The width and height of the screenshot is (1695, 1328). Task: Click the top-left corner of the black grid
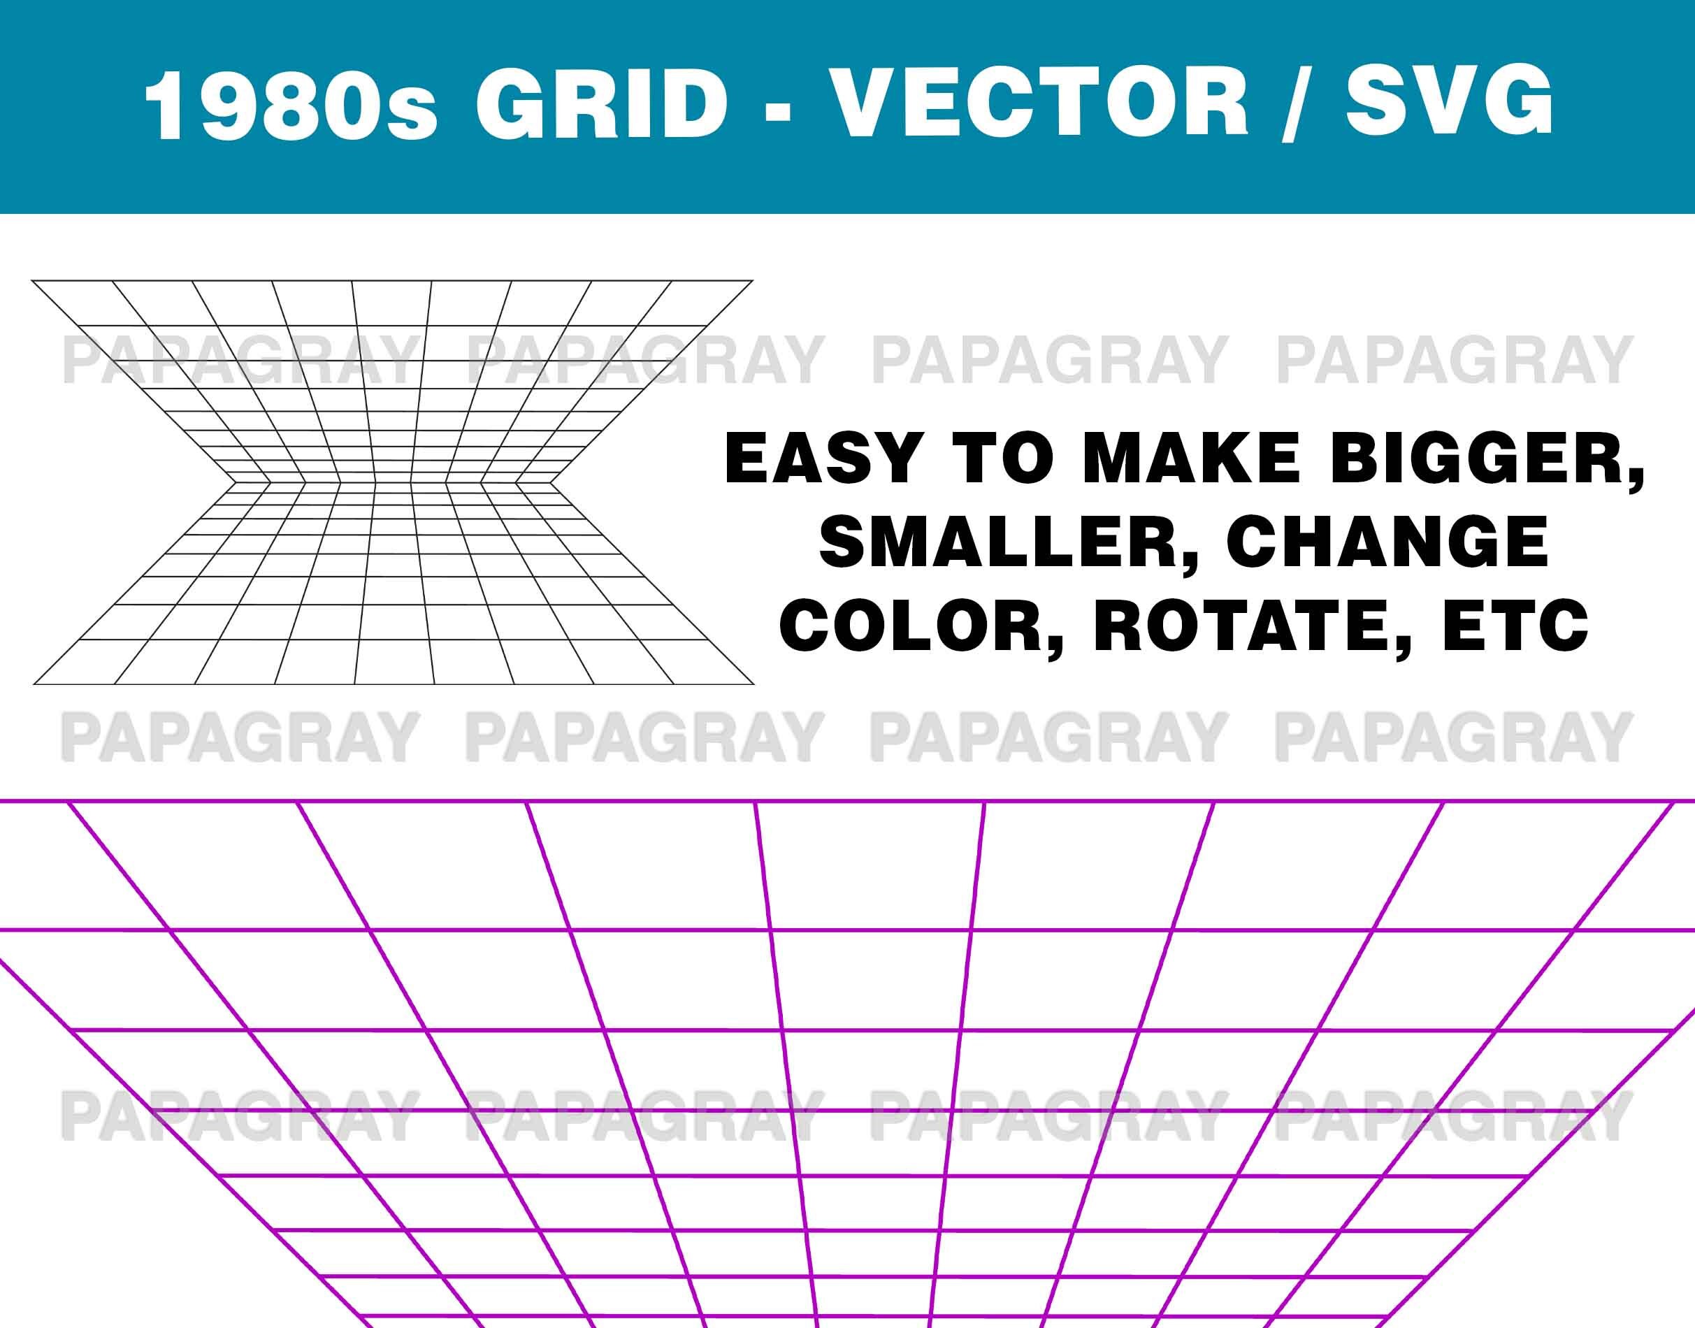32,281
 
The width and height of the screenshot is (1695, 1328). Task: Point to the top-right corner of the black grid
753,281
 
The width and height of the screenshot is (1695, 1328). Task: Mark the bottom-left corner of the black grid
34,684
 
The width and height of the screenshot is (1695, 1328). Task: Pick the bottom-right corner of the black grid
753,684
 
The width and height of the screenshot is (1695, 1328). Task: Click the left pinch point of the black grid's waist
234,482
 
